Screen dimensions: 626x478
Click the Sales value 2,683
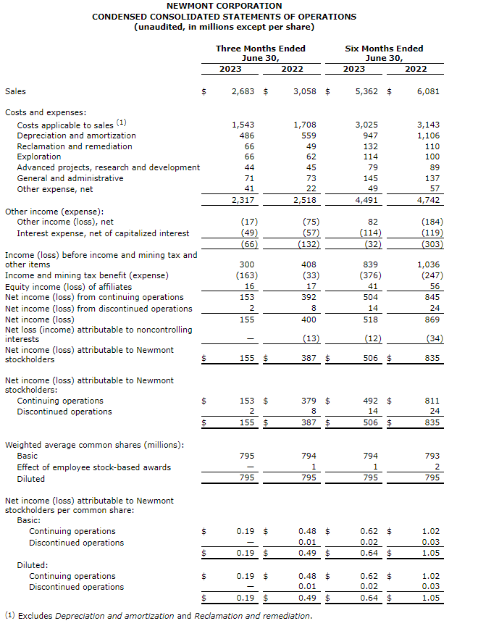[243, 92]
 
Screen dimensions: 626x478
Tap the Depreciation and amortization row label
[76, 135]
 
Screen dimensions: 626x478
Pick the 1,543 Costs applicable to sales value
[243, 125]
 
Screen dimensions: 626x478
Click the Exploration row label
[39, 156]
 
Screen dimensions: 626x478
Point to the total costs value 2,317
[243, 200]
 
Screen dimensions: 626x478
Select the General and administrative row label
[70, 178]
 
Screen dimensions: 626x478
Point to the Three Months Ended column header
[261, 49]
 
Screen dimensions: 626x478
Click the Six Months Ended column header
[384, 49]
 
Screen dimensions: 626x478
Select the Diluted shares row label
[30, 479]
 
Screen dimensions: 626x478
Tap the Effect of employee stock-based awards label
[94, 467]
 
